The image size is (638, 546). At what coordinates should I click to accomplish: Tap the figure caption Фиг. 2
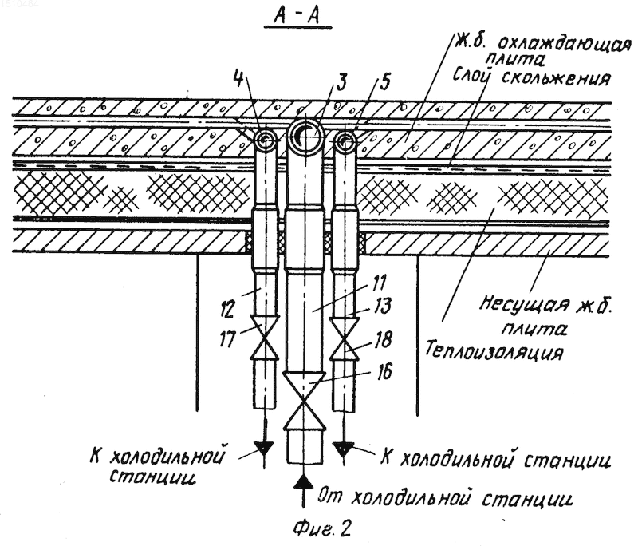(322, 529)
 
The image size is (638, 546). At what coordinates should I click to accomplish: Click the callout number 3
(341, 81)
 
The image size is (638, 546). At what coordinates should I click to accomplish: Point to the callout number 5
(384, 81)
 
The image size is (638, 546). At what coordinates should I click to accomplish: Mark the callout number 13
(382, 307)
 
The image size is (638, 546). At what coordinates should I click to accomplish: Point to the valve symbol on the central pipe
(305, 400)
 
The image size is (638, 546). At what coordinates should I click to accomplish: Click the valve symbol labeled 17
(265, 338)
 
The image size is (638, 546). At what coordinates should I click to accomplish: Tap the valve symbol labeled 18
(345, 339)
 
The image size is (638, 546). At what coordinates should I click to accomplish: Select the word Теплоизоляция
(494, 350)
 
